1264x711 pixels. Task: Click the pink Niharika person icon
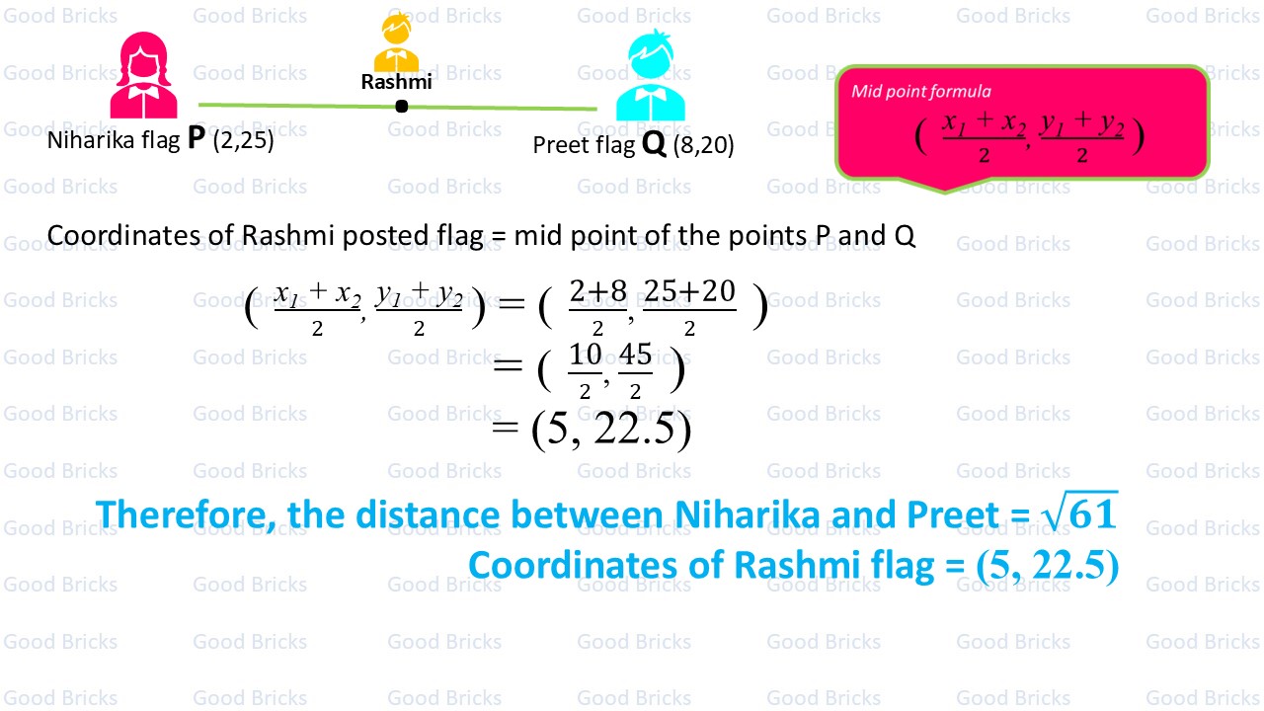click(x=144, y=76)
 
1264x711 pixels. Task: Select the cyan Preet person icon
click(x=650, y=77)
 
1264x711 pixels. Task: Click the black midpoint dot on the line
click(x=401, y=106)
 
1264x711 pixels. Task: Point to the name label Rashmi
click(x=396, y=82)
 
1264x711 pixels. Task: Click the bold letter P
click(x=196, y=140)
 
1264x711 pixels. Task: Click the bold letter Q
click(x=654, y=144)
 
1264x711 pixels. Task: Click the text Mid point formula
click(x=921, y=92)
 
